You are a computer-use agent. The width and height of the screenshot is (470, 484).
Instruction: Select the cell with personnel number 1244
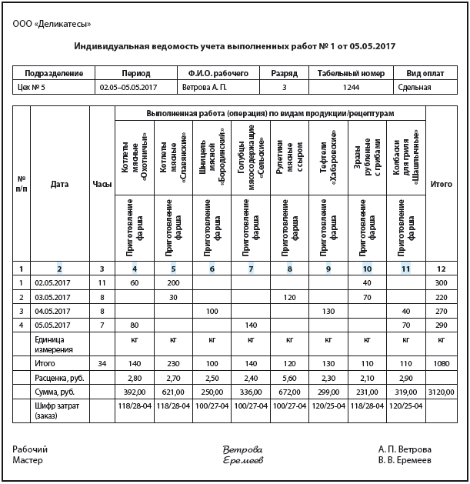[350, 88]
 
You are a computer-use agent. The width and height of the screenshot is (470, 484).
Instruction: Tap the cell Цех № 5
[33, 88]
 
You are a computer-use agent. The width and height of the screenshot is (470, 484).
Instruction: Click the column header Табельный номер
[350, 73]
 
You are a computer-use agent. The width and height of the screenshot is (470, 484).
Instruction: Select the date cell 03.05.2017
[52, 297]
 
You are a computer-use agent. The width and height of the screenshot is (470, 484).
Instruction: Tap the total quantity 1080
[442, 362]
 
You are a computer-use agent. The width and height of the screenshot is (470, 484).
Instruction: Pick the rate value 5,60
[290, 377]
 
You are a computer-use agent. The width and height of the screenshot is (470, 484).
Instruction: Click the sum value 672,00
[290, 392]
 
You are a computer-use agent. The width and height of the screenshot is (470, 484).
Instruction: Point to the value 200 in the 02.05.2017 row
[174, 283]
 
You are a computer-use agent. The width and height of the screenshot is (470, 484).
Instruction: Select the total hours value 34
[102, 362]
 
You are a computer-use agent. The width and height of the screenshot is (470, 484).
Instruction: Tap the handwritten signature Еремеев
[242, 460]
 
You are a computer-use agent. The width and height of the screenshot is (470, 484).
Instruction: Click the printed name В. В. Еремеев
[405, 460]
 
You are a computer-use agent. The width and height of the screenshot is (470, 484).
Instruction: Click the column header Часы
[102, 184]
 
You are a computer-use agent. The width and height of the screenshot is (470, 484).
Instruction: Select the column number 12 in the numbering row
[442, 268]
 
